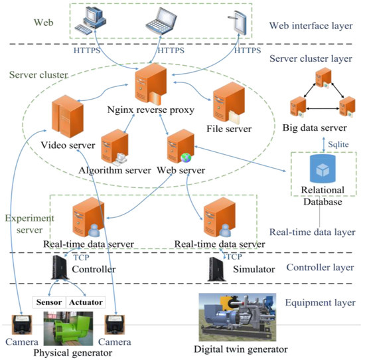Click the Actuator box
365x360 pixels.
(86, 302)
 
